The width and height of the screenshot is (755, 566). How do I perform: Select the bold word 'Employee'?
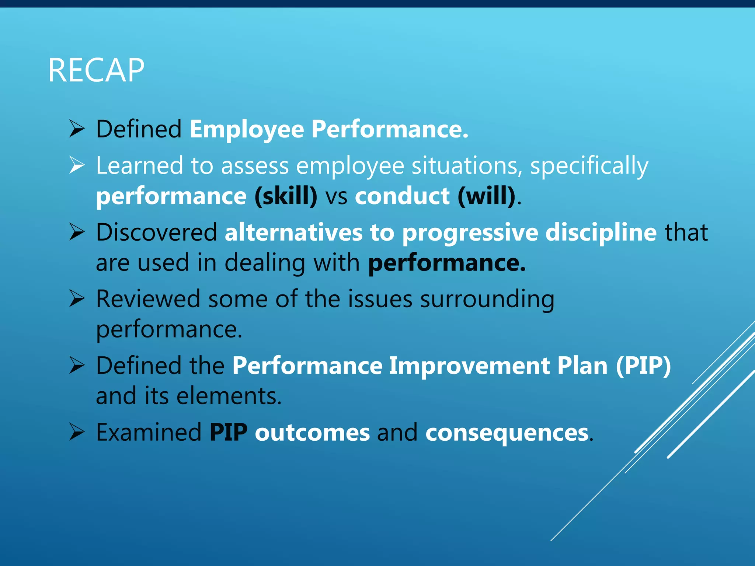(x=247, y=130)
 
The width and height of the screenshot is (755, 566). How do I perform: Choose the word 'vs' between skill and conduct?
(x=336, y=197)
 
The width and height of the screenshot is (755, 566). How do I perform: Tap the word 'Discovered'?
(x=156, y=233)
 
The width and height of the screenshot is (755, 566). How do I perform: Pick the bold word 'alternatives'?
(x=293, y=233)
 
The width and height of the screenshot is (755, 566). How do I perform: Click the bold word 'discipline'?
(x=601, y=233)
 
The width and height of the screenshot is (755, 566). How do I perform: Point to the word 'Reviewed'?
(x=148, y=299)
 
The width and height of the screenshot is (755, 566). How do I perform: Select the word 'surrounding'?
(x=487, y=300)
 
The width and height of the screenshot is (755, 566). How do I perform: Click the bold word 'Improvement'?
(x=469, y=366)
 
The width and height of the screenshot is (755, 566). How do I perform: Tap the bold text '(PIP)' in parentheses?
(x=643, y=366)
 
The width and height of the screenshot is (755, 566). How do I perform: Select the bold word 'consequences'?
(x=507, y=433)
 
